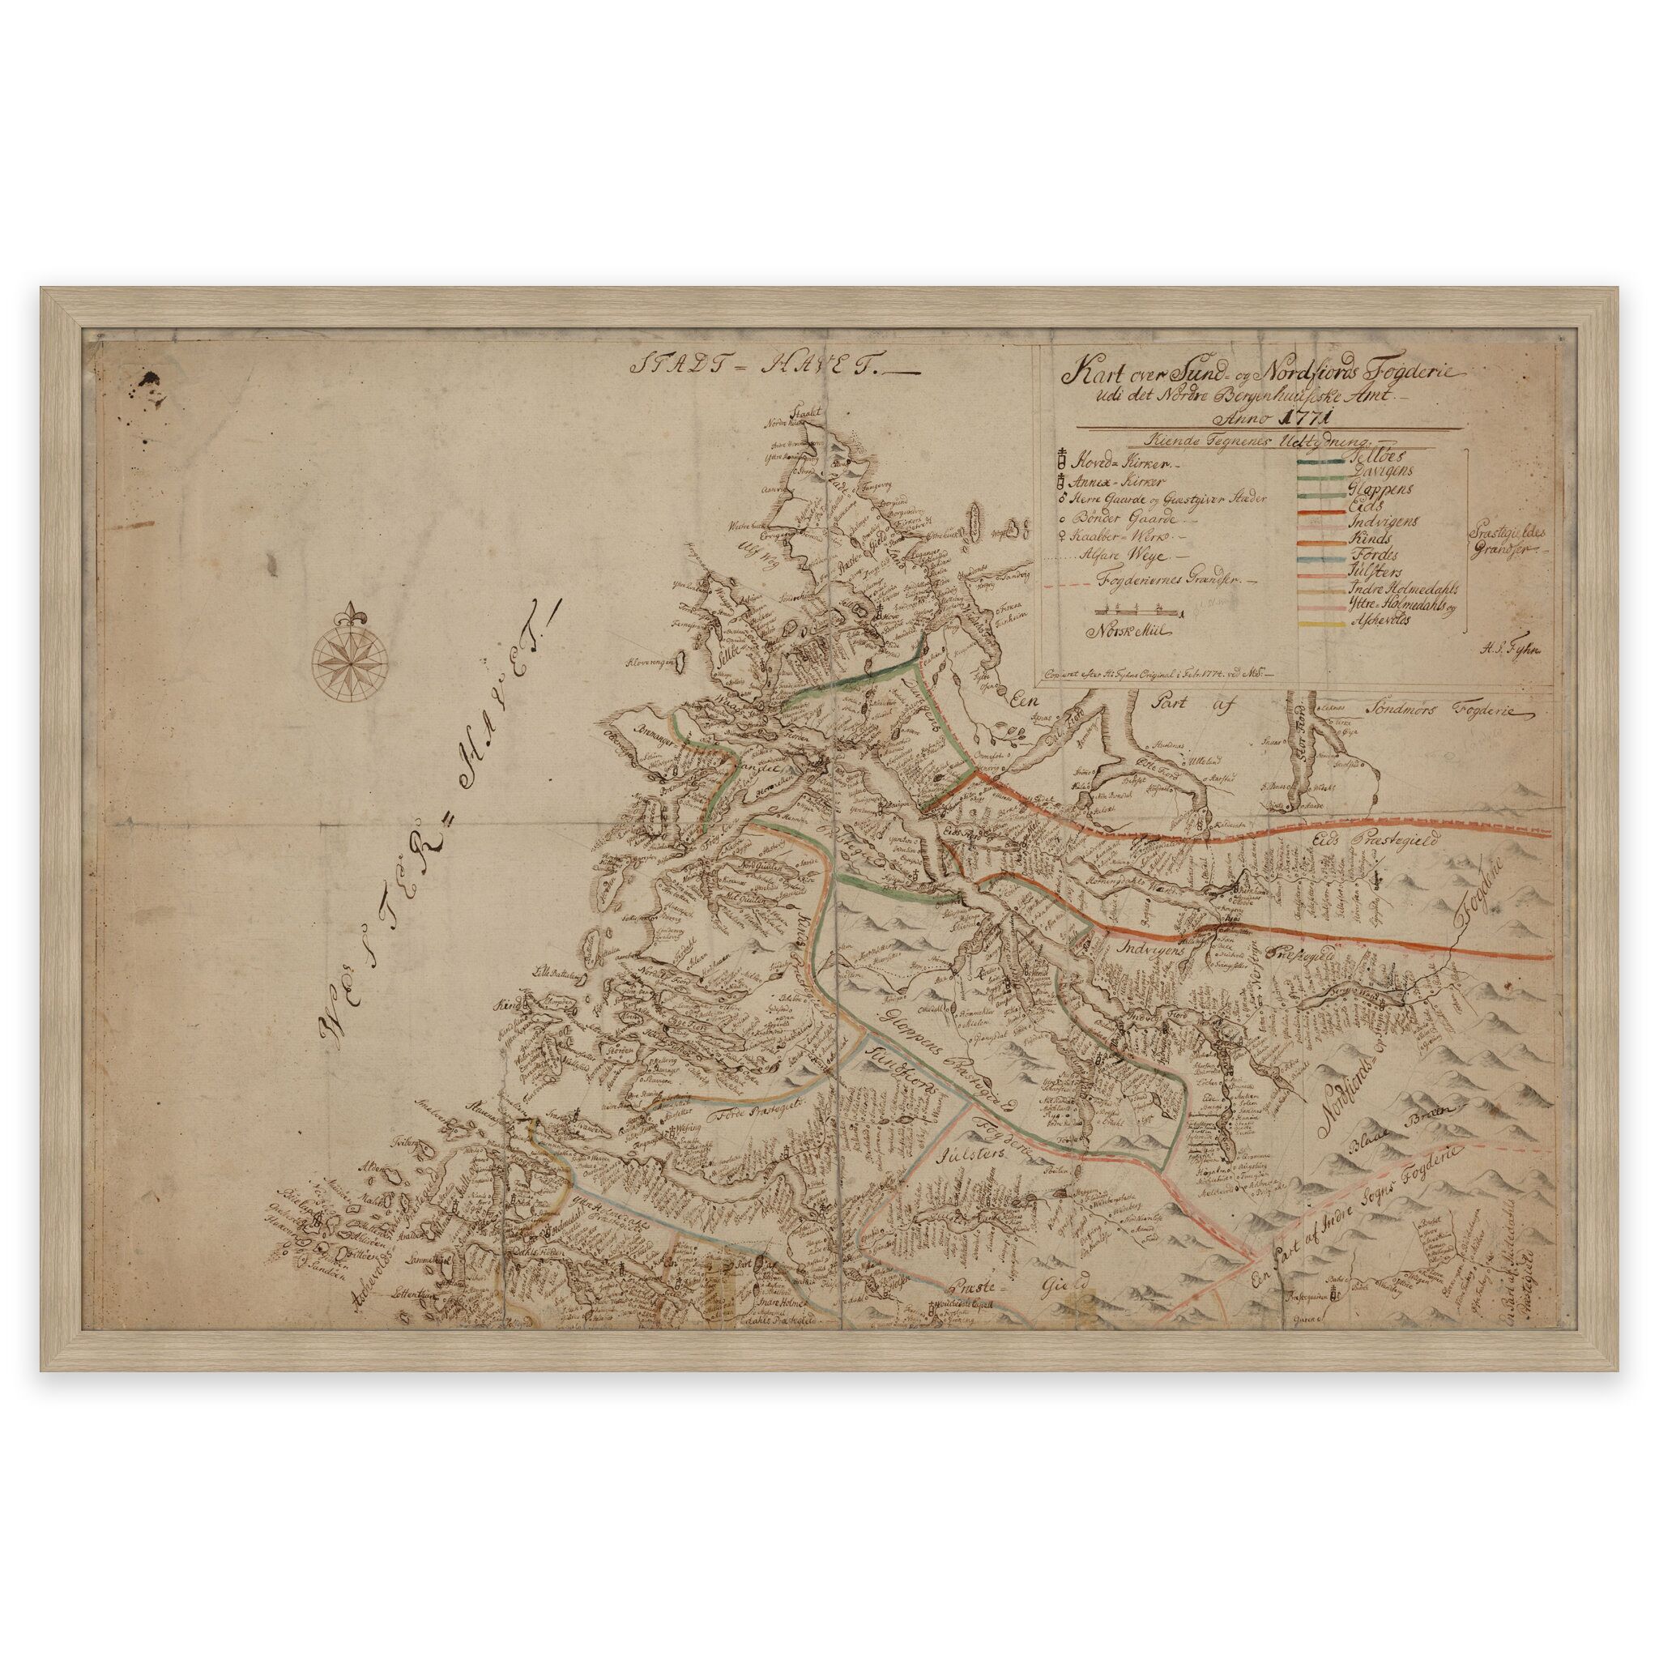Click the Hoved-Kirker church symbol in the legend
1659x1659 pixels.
[x=1061, y=456]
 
